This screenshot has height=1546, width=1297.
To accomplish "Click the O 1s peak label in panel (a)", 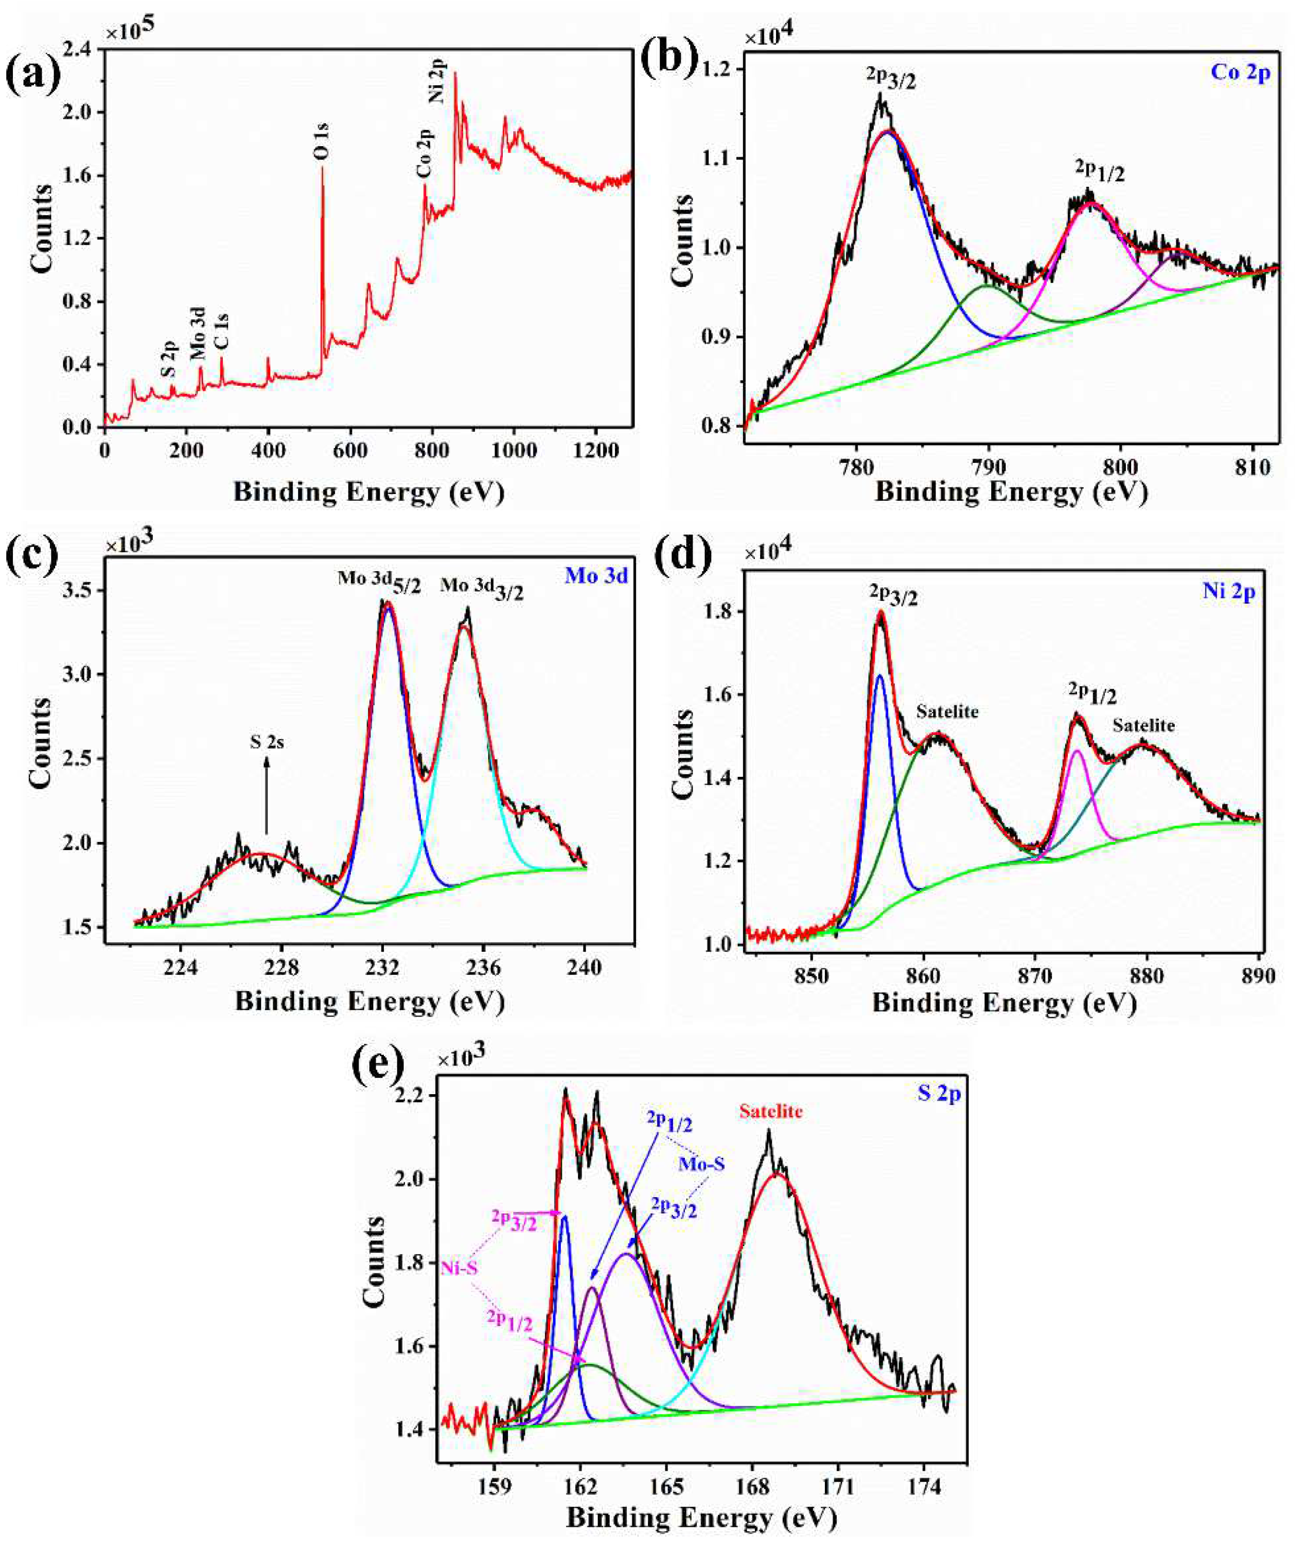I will click(x=323, y=142).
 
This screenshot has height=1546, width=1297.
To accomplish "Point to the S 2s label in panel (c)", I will click(x=266, y=743).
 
